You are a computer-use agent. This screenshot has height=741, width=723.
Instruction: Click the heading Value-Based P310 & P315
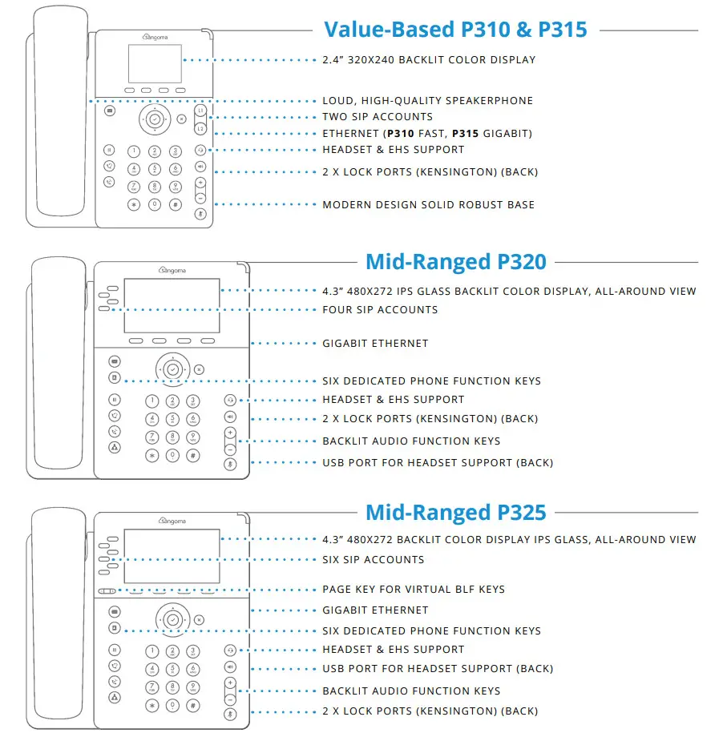(455, 30)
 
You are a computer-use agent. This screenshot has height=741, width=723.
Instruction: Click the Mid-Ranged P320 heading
(455, 261)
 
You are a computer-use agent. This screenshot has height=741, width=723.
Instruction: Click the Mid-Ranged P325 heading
(455, 512)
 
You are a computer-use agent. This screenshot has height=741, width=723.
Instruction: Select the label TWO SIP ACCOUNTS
(378, 117)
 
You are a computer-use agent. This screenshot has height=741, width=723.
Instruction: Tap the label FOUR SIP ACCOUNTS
(380, 310)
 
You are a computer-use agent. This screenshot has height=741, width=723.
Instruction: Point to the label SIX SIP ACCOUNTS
(374, 560)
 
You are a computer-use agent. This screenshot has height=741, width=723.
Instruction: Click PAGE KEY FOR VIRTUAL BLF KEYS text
(414, 590)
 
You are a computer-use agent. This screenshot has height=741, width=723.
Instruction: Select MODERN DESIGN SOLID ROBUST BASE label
(428, 205)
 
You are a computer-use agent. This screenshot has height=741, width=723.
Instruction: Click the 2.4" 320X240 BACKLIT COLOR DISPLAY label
(429, 60)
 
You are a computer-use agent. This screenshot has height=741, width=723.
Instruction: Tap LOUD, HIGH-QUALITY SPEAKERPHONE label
(427, 101)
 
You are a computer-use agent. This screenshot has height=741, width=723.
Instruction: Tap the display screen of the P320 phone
(172, 305)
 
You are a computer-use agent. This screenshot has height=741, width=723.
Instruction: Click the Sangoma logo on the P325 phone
(168, 521)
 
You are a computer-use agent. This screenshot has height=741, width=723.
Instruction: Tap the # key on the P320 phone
(193, 455)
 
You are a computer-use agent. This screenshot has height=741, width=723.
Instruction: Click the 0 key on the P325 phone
(172, 705)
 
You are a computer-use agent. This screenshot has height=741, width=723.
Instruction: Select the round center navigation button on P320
(172, 369)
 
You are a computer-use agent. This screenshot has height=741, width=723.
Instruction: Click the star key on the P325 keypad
(151, 705)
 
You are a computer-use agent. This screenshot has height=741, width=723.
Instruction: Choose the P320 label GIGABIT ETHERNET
(375, 344)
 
